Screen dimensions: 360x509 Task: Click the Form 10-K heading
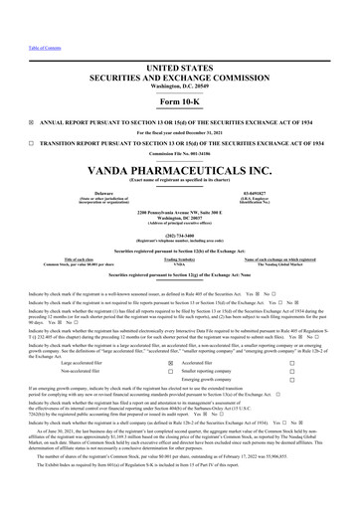click(179, 75)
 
